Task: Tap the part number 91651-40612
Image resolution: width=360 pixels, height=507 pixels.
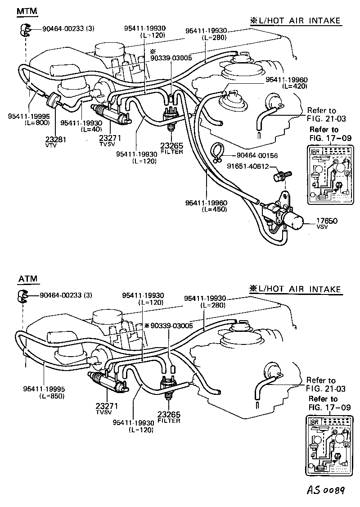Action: coord(248,167)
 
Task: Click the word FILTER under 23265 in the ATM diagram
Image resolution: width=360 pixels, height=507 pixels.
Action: coord(169,421)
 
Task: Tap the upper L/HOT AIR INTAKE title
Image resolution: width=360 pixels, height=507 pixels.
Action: coord(295,21)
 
